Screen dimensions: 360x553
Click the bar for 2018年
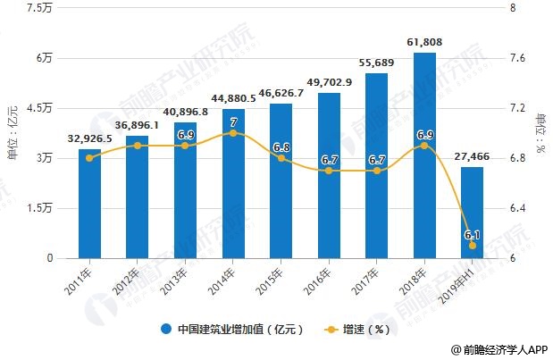(x=424, y=155)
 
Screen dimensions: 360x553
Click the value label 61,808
(x=424, y=42)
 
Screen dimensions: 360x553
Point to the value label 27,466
(x=473, y=155)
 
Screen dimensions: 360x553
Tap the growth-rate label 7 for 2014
(x=233, y=121)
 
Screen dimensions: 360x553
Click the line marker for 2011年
(x=88, y=158)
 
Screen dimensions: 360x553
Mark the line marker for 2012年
(x=137, y=146)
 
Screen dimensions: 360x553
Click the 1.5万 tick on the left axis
(x=41, y=208)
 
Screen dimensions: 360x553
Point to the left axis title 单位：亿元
(x=13, y=132)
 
